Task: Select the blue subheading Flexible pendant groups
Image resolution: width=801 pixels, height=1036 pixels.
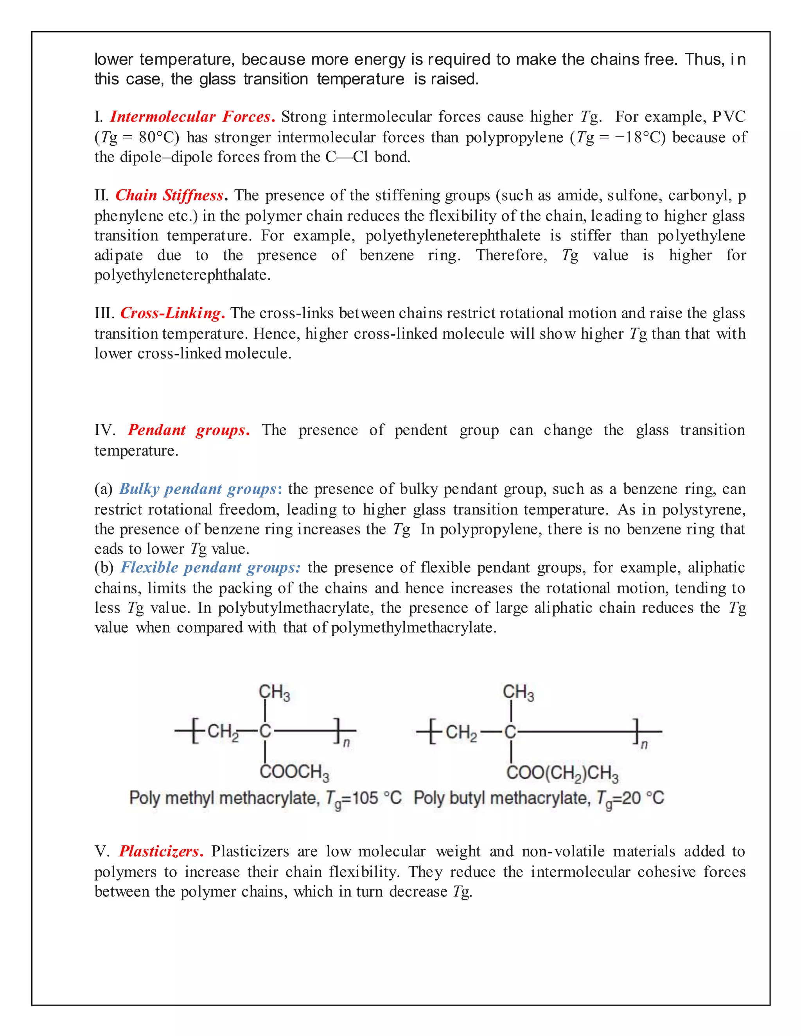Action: tap(210, 568)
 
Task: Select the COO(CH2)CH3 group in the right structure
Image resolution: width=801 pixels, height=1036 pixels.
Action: tap(562, 773)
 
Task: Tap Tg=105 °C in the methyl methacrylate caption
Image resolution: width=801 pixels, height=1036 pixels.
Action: tap(363, 799)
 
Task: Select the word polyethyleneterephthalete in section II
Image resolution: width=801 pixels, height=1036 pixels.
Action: tap(453, 236)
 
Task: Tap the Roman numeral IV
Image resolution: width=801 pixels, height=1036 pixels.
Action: tap(104, 430)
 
